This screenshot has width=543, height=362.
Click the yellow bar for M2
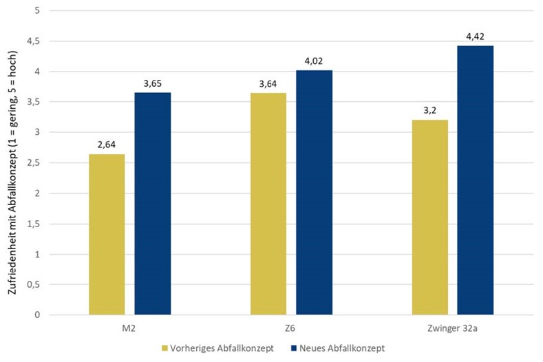(107, 234)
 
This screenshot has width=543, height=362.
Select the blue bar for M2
(153, 203)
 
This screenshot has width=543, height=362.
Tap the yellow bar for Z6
(268, 204)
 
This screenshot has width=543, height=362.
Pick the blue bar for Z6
(314, 192)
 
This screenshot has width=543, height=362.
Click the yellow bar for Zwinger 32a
(430, 217)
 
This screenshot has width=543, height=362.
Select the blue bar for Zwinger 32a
(476, 180)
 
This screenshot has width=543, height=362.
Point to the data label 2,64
(107, 145)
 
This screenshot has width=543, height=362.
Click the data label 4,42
(476, 36)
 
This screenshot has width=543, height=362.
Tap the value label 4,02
(314, 61)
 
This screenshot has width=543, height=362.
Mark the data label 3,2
(430, 110)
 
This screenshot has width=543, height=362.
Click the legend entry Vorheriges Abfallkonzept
(221, 348)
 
